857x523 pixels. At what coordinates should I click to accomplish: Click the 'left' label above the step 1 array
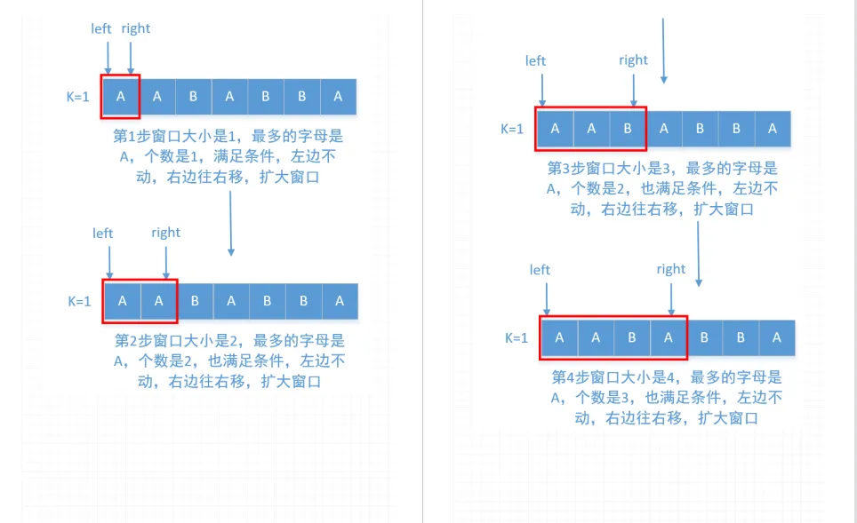coord(101,28)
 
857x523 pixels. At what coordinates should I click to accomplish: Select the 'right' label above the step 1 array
coord(136,28)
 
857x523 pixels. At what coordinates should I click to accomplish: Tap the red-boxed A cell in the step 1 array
coord(121,97)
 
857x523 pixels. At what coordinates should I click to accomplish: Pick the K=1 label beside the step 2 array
coord(80,301)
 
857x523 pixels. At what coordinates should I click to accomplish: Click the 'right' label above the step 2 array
coord(165,233)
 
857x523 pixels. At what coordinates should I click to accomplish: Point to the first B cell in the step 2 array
coord(195,302)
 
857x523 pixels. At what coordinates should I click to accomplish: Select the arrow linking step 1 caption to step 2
coord(230,222)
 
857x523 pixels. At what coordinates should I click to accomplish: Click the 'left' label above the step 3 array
coord(535,60)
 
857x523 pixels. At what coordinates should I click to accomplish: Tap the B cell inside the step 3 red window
coord(628,129)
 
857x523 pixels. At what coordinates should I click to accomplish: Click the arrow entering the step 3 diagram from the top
coord(663,49)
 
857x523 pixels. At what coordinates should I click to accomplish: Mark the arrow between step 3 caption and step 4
coord(699,253)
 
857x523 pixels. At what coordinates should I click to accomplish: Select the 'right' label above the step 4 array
coord(671,269)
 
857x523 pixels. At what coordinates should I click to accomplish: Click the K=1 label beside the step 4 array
coord(517,337)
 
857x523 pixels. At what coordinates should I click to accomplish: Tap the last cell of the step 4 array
coord(776,337)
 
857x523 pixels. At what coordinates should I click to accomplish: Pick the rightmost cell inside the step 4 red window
coord(668,337)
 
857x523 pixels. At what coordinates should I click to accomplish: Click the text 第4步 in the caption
coord(569,376)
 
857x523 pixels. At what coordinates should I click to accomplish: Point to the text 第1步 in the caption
coord(132,137)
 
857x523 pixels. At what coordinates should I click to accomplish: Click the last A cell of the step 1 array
coord(338,97)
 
